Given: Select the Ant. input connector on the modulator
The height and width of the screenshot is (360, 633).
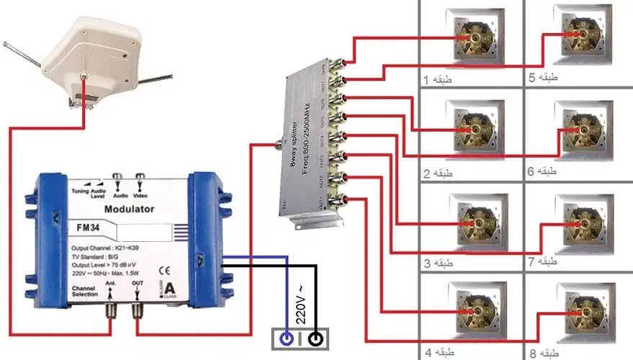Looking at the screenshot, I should point(110,312).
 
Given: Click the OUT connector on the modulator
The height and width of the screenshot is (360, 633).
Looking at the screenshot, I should point(137,312).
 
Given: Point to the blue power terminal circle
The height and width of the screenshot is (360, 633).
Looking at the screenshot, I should point(287,337).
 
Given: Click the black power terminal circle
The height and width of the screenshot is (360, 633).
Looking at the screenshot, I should point(315,337).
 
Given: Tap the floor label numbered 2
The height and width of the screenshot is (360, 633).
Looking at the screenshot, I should point(437,174).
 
